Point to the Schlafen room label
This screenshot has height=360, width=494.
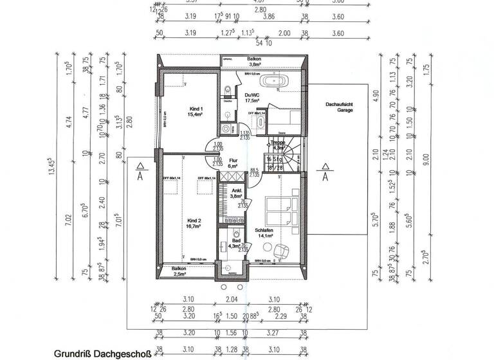[x=264, y=232]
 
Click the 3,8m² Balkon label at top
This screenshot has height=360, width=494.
[x=254, y=62]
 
